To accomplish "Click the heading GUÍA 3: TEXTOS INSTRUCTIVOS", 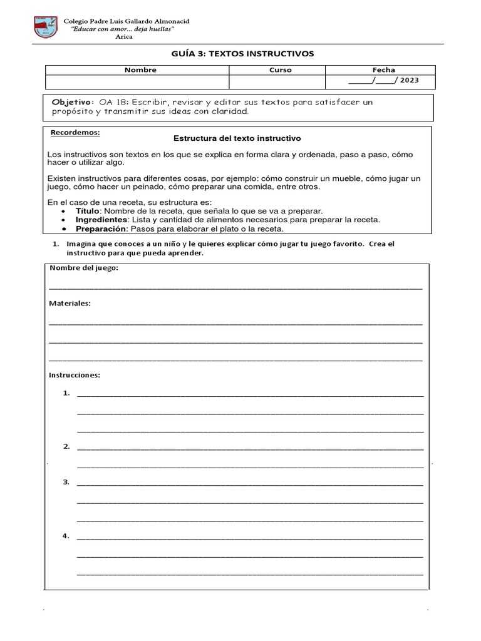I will pyautogui.click(x=242, y=54).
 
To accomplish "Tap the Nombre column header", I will pyautogui.click(x=140, y=70).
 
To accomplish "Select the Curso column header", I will pyautogui.click(x=280, y=70).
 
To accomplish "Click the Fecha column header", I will pyautogui.click(x=383, y=70).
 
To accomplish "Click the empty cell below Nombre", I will pyautogui.click(x=137, y=82).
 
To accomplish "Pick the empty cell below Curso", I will pyautogui.click(x=277, y=82).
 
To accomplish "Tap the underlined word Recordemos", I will pyautogui.click(x=75, y=133).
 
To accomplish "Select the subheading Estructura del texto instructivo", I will pyautogui.click(x=237, y=138).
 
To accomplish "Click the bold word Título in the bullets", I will pyautogui.click(x=88, y=212).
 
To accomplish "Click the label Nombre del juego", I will pyautogui.click(x=83, y=268).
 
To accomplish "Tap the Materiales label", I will pyautogui.click(x=70, y=303).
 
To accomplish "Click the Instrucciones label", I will pyautogui.click(x=75, y=375).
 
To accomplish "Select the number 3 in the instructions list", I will pyautogui.click(x=66, y=482).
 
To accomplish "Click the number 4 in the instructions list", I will pyautogui.click(x=66, y=536).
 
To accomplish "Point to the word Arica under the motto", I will pyautogui.click(x=124, y=37).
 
